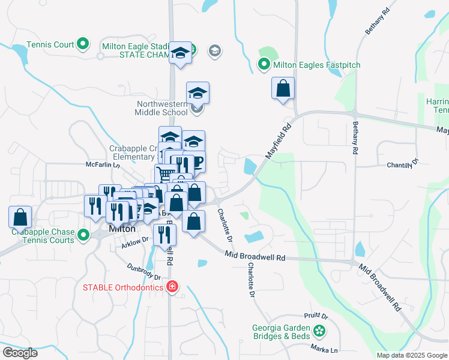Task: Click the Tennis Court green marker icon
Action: (x=83, y=44)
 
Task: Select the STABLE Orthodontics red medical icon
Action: (x=172, y=287)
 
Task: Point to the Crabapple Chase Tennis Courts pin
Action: (x=83, y=234)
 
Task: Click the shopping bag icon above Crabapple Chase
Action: (x=20, y=217)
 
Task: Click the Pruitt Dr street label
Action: (x=316, y=316)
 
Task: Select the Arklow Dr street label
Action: (x=135, y=242)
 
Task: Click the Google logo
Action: (x=20, y=353)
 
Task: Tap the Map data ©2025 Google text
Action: (x=411, y=355)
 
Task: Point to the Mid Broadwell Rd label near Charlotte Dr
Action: (x=255, y=257)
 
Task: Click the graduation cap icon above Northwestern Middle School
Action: (x=197, y=93)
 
